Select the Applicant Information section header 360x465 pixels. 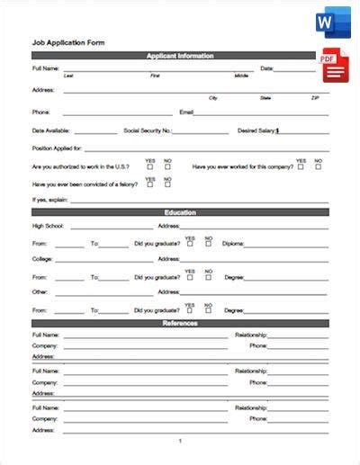pyautogui.click(x=180, y=56)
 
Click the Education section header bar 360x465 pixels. pyautogui.click(x=180, y=213)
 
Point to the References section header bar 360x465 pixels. pyautogui.click(x=180, y=323)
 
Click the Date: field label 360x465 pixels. pyautogui.click(x=267, y=67)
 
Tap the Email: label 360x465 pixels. pyautogui.click(x=187, y=112)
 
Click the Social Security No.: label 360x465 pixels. pyautogui.click(x=147, y=130)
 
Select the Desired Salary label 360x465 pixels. pyautogui.click(x=257, y=130)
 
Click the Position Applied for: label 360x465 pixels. pyautogui.click(x=57, y=148)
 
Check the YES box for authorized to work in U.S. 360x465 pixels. pyautogui.click(x=150, y=166)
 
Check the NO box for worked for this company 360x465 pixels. pyautogui.click(x=318, y=166)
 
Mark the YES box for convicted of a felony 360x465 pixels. pyautogui.click(x=150, y=183)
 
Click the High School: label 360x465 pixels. pyautogui.click(x=49, y=226)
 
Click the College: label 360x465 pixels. pyautogui.click(x=41, y=258)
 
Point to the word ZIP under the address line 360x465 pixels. pyautogui.click(x=315, y=97)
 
